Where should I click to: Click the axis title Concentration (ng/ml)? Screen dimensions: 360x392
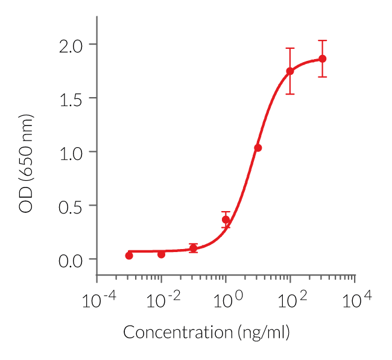pyautogui.click(x=207, y=332)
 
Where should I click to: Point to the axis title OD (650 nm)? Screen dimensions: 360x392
pyautogui.click(x=27, y=163)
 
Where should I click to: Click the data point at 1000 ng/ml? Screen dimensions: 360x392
pyautogui.click(x=323, y=58)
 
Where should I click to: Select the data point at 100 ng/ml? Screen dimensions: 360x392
pyautogui.click(x=290, y=71)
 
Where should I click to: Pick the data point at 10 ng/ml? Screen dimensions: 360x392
pyautogui.click(x=258, y=148)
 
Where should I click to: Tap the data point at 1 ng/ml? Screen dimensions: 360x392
pyautogui.click(x=226, y=219)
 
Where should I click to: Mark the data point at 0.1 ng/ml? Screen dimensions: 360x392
pyautogui.click(x=193, y=248)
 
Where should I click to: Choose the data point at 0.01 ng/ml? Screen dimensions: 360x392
pyautogui.click(x=161, y=254)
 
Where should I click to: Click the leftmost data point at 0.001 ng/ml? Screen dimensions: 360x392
pyautogui.click(x=129, y=256)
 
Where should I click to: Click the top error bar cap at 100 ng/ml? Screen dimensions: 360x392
pyautogui.click(x=290, y=48)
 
